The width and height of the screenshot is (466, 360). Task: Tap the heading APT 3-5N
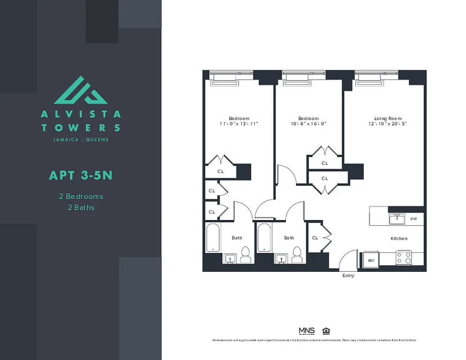[x=81, y=175]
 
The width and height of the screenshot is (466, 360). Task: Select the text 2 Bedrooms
[x=81, y=197]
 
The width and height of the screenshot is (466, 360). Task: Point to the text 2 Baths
[x=81, y=207]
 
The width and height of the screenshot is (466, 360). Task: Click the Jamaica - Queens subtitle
[x=81, y=139]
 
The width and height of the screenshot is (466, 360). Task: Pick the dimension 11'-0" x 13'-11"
[x=239, y=124]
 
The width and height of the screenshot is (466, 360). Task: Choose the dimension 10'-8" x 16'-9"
[x=308, y=124]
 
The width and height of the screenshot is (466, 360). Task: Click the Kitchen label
[x=398, y=238]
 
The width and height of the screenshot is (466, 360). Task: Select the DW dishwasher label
[x=414, y=219]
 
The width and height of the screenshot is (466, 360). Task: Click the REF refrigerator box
[x=371, y=260]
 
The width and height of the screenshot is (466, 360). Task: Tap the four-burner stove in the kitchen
[x=403, y=257]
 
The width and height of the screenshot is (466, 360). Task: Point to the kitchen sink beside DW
[x=397, y=219]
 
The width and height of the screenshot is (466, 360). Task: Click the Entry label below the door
[x=348, y=275]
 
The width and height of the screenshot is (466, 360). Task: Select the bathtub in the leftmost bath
[x=213, y=238]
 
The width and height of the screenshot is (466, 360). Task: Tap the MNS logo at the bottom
[x=307, y=331]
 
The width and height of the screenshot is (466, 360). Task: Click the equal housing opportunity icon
[x=326, y=331]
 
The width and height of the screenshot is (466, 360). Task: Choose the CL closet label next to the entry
[x=315, y=238]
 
